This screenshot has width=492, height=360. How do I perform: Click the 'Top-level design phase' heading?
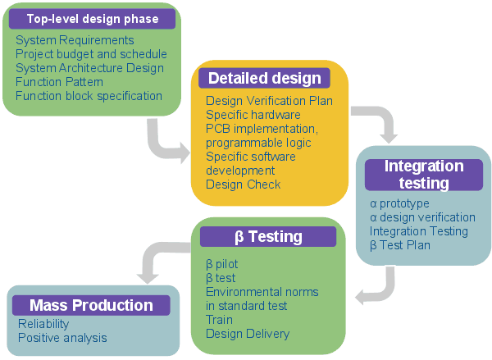point(92,19)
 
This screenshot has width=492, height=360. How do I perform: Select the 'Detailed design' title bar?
point(265,78)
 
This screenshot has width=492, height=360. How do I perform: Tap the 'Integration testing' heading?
point(424,175)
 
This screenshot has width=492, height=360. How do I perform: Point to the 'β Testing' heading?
point(268,237)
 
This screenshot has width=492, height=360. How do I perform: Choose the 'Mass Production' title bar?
point(91,305)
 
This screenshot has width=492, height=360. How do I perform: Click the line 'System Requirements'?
point(75,40)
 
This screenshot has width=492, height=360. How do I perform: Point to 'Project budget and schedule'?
point(91,54)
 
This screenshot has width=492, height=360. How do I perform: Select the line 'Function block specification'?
point(89,96)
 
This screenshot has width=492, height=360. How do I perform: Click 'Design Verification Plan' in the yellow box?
point(269,101)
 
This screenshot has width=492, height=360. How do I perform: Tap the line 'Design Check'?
point(244,185)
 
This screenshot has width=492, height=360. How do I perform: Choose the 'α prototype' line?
point(399,203)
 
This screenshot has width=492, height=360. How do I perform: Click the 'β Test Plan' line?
point(400,245)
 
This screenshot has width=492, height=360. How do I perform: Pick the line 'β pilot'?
point(222,264)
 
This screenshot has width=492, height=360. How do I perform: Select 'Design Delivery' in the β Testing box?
point(248,334)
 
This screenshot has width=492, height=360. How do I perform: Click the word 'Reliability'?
point(43,324)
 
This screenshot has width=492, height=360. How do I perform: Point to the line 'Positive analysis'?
point(62,338)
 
